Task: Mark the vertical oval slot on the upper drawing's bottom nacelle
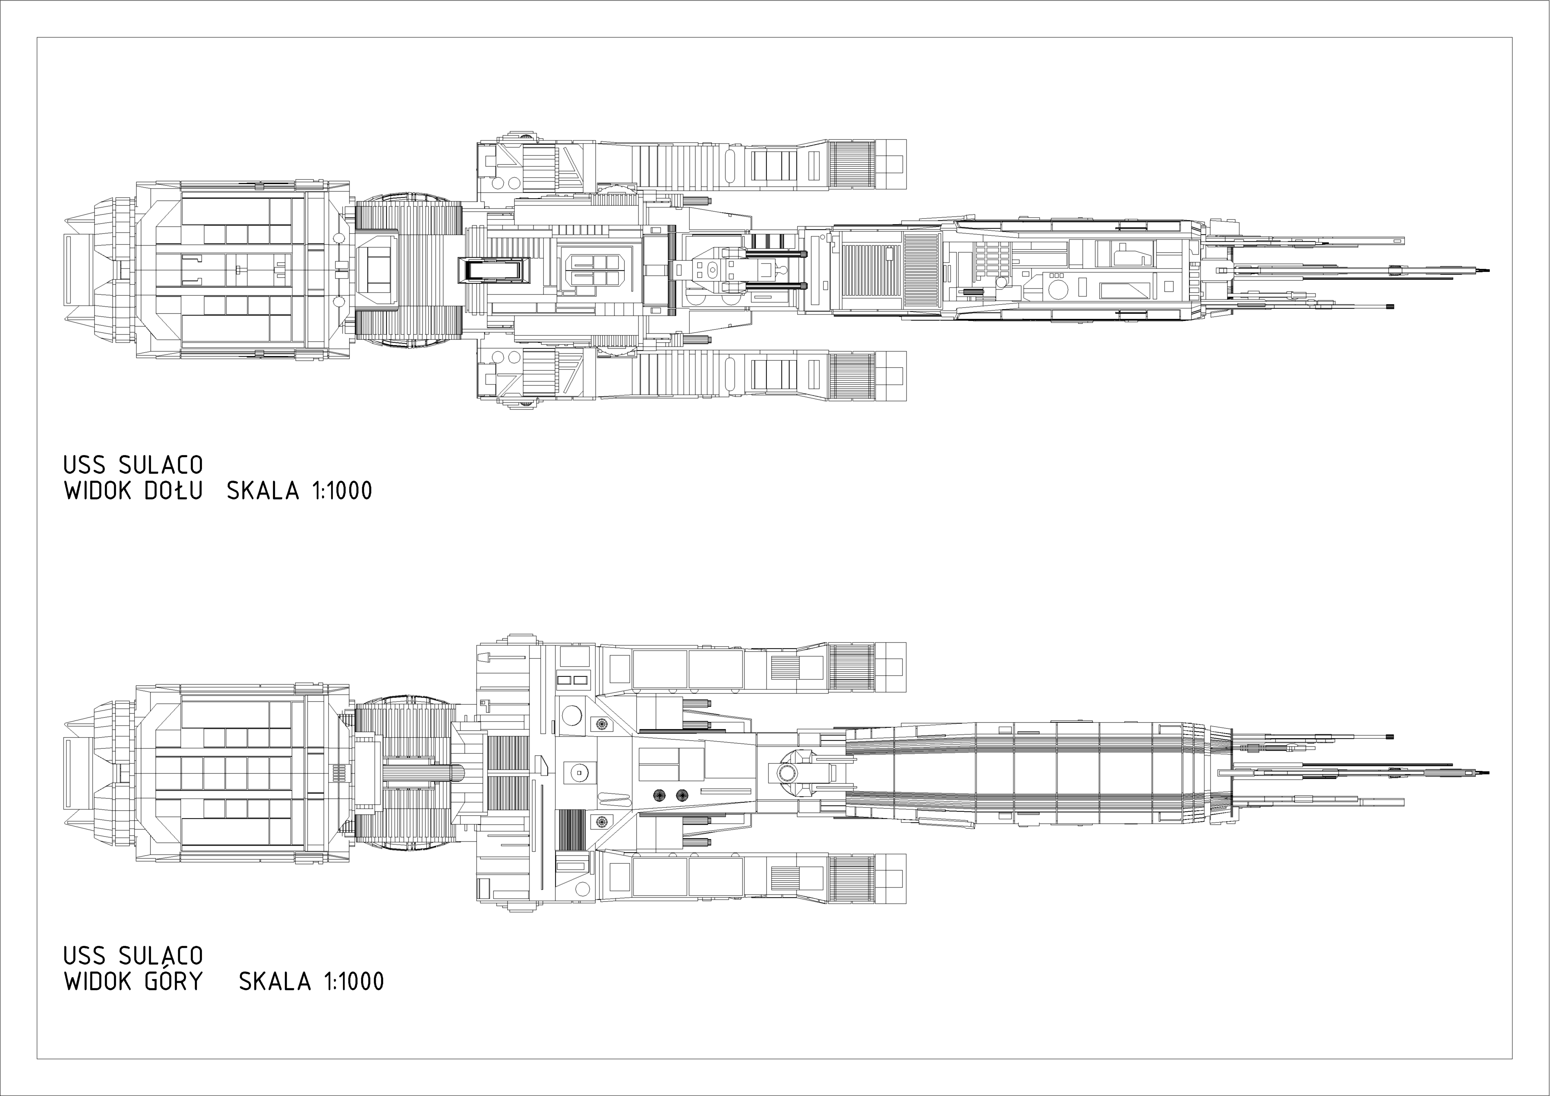[x=730, y=373]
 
